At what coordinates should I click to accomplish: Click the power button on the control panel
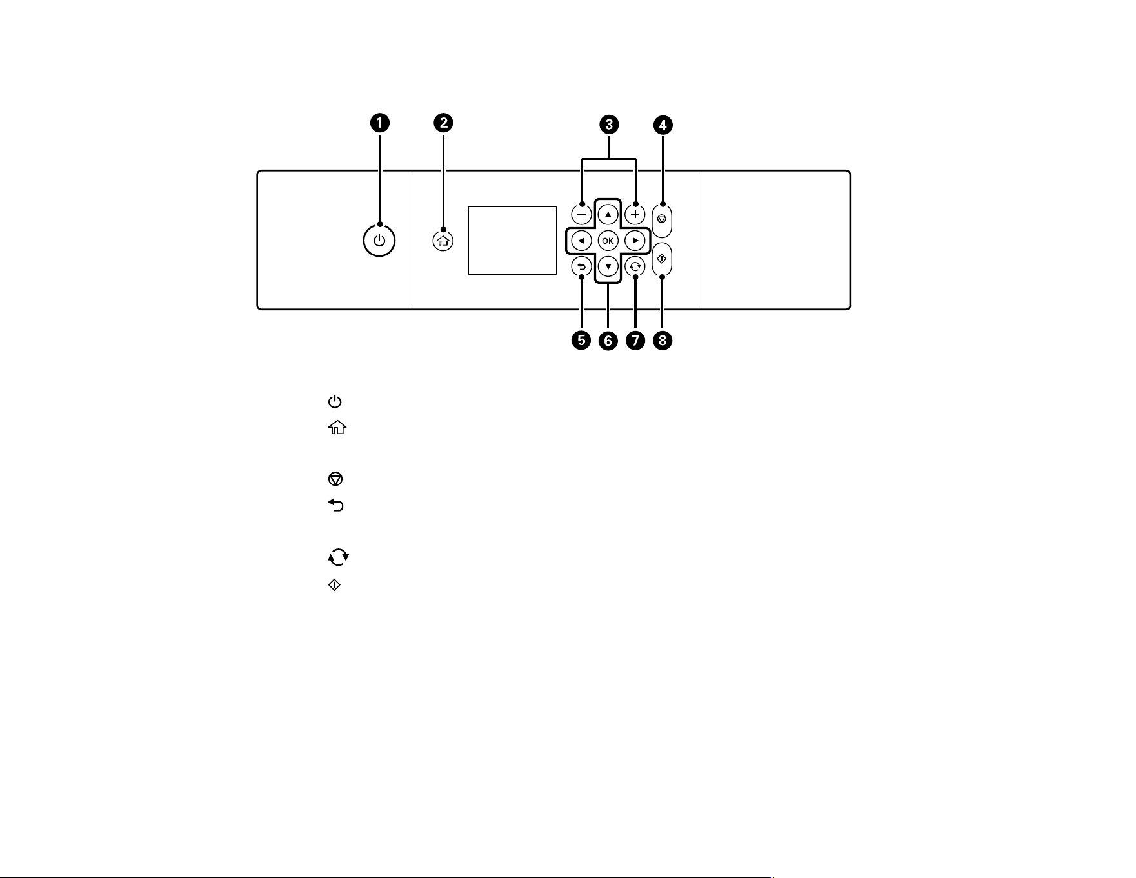[x=379, y=241]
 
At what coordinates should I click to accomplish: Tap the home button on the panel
[x=443, y=241]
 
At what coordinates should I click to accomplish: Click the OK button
[x=608, y=241]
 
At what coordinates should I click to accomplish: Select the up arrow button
[x=608, y=214]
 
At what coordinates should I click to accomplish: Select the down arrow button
[x=608, y=266]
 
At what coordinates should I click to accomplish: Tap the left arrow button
[x=581, y=241]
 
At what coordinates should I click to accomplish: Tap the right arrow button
[x=635, y=241]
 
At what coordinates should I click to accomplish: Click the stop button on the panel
[x=662, y=220]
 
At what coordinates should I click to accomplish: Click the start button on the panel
[x=662, y=259]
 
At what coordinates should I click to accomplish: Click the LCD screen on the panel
[x=512, y=241]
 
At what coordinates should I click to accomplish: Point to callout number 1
[x=379, y=123]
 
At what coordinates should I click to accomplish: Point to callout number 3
[x=609, y=124]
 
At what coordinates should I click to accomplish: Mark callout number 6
[x=608, y=340]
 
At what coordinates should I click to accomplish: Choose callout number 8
[x=663, y=340]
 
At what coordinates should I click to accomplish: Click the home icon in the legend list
[x=337, y=428]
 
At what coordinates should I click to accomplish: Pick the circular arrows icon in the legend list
[x=338, y=557]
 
